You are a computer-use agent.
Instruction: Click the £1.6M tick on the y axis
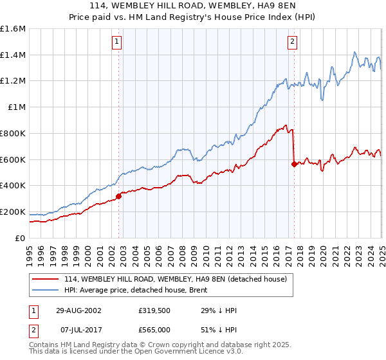click(13, 29)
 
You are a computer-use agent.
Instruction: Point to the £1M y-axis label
click(16, 107)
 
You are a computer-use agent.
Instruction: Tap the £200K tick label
click(13, 212)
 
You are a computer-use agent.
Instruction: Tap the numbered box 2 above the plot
click(292, 42)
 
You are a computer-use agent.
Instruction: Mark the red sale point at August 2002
click(119, 196)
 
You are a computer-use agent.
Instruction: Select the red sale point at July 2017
click(294, 164)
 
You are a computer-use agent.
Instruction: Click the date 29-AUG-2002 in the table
click(78, 310)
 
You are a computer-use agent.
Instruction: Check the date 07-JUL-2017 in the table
click(78, 328)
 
